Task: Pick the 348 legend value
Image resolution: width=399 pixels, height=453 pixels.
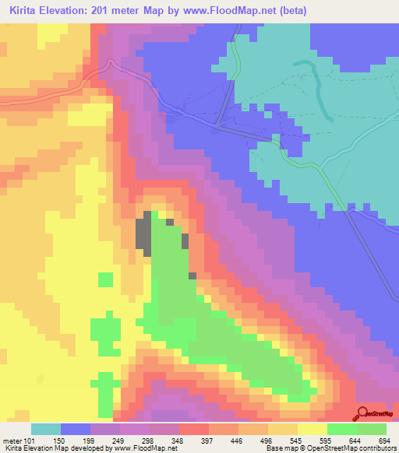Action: [193, 441]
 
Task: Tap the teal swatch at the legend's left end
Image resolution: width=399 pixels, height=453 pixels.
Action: [46, 429]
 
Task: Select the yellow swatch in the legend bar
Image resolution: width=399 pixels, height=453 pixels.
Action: [312, 429]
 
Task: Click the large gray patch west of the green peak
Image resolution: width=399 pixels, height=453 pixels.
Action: [144, 237]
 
